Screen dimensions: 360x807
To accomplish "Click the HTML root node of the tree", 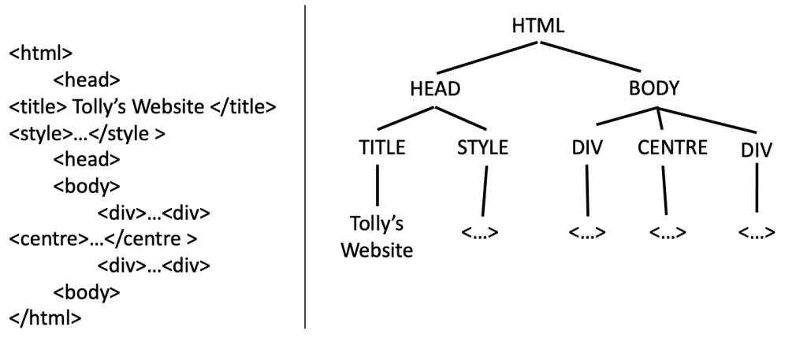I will coord(538,25).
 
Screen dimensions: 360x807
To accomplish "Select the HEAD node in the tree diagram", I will coord(435,88).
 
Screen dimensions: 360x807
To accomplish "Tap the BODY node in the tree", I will coord(654,88).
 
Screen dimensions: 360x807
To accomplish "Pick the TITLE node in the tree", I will coord(381,149).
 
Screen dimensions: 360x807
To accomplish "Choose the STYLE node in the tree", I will coord(482,149).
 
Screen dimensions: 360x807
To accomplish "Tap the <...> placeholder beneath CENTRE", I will coord(668,233).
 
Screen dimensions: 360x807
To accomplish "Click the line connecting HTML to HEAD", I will coord(489,58).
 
